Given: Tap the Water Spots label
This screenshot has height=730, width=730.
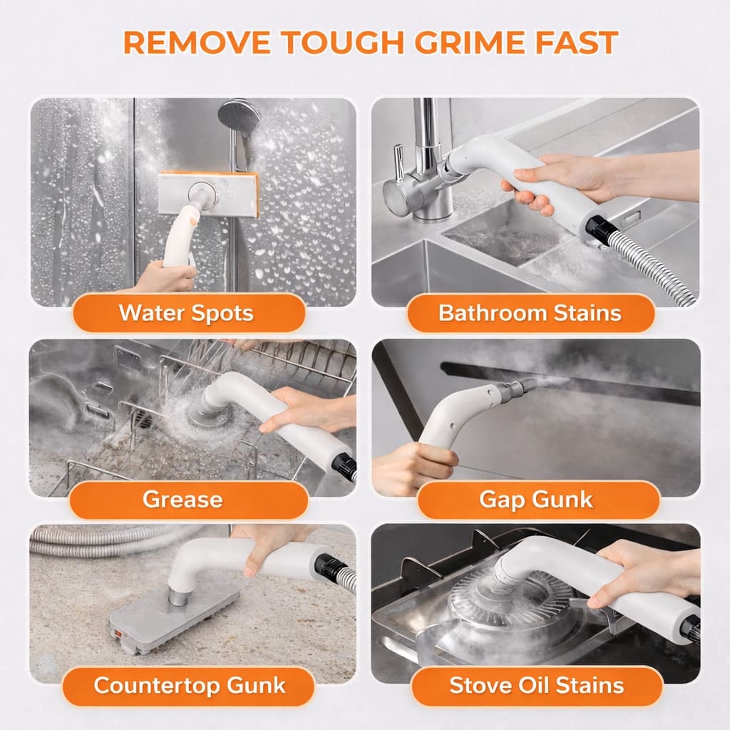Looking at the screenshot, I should (186, 312).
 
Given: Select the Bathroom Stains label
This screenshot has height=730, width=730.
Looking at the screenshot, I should (530, 312).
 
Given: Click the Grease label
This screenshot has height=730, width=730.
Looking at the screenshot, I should (182, 499).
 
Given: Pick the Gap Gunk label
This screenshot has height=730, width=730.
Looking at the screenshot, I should (535, 499).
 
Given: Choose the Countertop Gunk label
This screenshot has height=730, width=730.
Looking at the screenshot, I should (190, 686).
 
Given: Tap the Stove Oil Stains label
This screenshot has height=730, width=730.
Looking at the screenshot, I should (536, 686).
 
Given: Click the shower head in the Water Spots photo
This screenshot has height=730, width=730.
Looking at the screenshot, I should (240, 116).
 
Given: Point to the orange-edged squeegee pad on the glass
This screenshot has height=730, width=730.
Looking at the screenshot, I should (207, 194).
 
